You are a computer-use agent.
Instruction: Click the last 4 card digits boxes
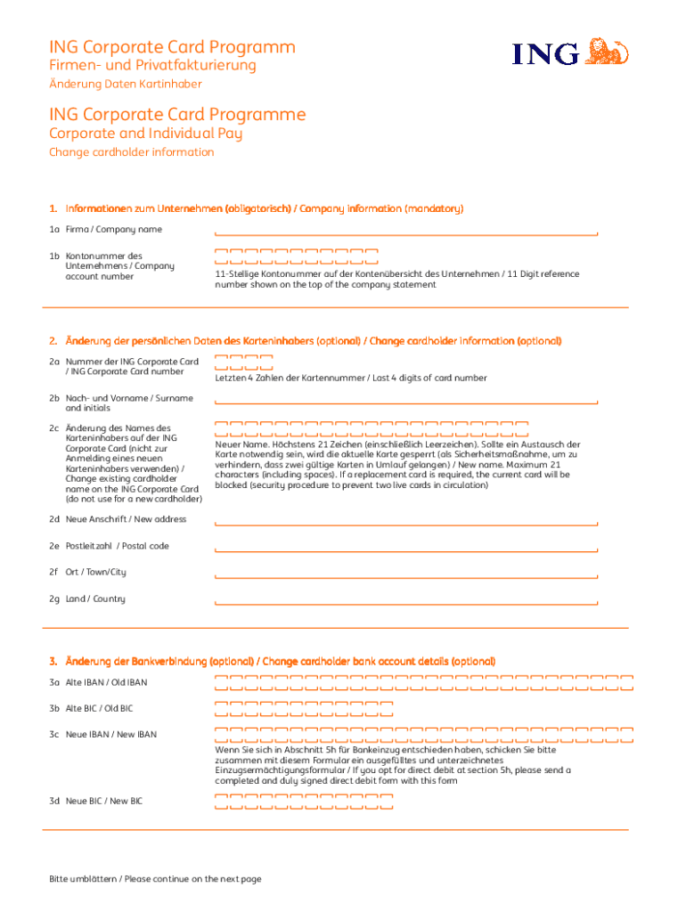[x=243, y=362]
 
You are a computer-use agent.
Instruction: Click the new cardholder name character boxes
[x=372, y=428]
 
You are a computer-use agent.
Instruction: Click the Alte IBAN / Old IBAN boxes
[x=423, y=683]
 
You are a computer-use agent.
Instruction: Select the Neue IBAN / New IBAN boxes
[x=423, y=735]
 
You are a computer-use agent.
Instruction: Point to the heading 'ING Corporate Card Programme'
[x=177, y=115]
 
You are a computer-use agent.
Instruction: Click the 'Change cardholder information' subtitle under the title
[x=131, y=152]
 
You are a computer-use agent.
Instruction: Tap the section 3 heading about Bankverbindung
[x=272, y=661]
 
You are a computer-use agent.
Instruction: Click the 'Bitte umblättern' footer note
[x=155, y=879]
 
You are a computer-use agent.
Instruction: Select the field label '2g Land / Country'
[x=87, y=599]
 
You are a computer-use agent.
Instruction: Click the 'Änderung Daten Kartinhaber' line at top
[x=125, y=84]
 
